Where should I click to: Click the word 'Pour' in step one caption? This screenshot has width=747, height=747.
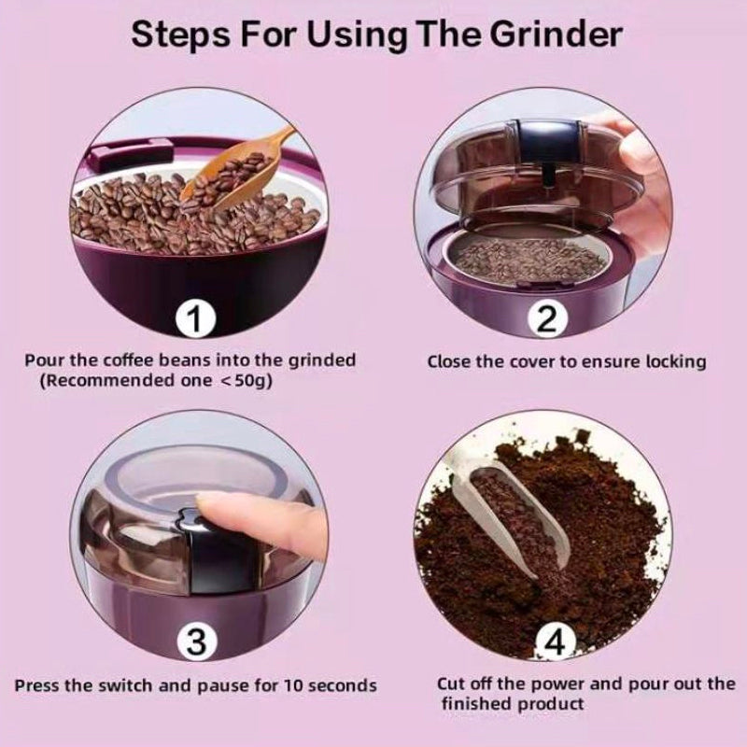(42, 360)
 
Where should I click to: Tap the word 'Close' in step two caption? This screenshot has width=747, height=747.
(451, 361)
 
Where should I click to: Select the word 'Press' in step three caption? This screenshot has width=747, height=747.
(38, 685)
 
